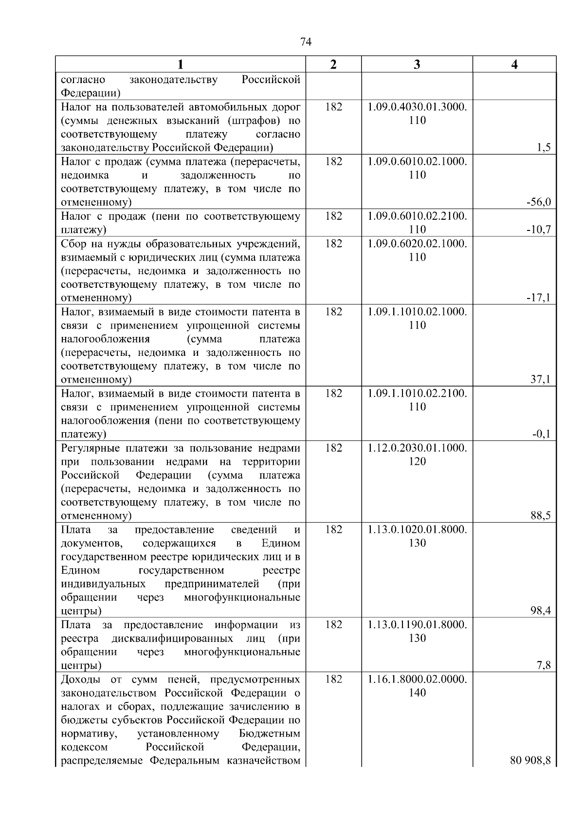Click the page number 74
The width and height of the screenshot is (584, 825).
(x=306, y=42)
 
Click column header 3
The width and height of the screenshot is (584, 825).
(x=417, y=65)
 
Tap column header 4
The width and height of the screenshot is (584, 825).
(x=514, y=65)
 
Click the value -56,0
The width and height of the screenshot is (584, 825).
(x=539, y=202)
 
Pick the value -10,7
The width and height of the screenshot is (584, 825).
(x=539, y=229)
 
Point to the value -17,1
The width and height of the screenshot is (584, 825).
(x=539, y=298)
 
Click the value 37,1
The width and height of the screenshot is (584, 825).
(x=541, y=379)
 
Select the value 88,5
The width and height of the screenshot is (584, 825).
(x=541, y=515)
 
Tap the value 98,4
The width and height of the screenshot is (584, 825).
(x=541, y=611)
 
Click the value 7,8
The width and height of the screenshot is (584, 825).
(x=544, y=665)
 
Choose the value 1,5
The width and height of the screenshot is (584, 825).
(x=544, y=148)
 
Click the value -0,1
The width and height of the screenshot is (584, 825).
(x=541, y=434)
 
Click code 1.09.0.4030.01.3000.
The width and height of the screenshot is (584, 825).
(x=417, y=107)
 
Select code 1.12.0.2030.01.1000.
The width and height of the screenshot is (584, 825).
(x=417, y=447)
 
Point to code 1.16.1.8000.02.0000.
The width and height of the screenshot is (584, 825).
(x=417, y=679)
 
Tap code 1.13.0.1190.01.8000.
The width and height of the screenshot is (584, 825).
(x=417, y=624)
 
